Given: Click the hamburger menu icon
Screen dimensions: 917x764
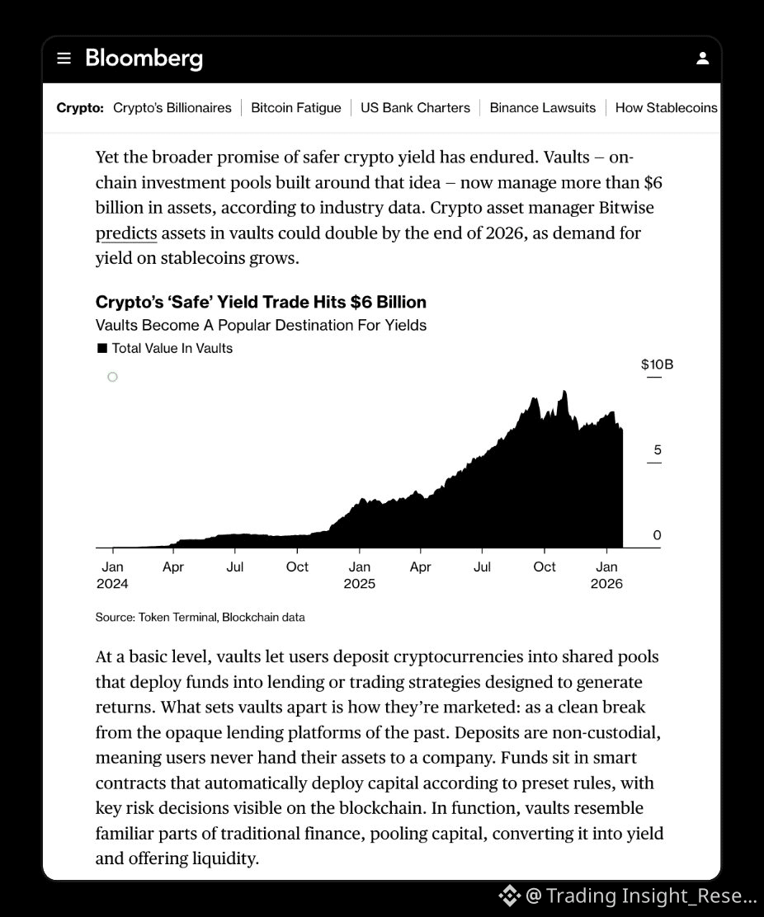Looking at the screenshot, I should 64,59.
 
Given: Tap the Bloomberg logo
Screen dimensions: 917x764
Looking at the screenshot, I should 144,59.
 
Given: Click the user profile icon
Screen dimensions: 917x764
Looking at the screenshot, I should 702,59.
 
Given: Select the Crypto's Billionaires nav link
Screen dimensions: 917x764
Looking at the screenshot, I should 172,108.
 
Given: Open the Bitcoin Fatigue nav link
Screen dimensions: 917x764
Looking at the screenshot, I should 295,108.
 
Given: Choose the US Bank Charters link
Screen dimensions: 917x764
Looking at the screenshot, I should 415,108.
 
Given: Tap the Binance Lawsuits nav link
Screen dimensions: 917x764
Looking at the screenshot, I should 542,108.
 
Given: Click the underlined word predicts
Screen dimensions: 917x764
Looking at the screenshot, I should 126,233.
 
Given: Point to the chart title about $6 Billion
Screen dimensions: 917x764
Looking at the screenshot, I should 261,302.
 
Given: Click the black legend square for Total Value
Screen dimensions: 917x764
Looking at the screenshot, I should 102,348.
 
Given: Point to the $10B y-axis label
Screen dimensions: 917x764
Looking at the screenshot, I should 657,364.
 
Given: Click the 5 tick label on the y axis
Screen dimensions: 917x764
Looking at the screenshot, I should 657,450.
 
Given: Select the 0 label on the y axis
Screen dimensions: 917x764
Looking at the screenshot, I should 657,535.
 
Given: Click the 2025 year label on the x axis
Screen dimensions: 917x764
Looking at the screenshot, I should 359,584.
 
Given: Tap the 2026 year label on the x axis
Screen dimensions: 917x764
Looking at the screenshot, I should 606,584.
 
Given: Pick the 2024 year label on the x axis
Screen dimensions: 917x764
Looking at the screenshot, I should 112,584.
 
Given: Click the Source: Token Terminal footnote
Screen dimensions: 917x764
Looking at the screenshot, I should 200,617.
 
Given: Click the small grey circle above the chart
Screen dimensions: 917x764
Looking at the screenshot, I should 112,377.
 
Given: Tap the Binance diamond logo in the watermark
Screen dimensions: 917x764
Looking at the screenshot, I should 508,895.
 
